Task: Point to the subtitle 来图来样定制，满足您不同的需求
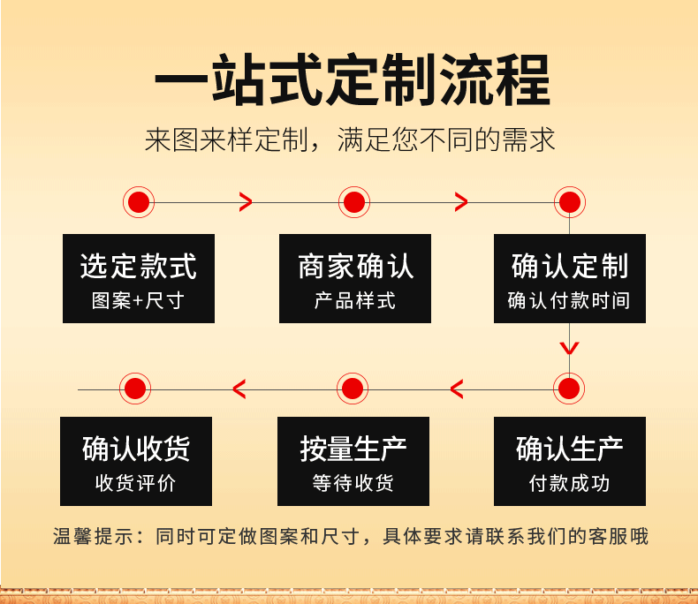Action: (x=350, y=140)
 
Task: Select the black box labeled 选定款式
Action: (x=139, y=278)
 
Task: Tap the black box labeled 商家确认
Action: (x=355, y=278)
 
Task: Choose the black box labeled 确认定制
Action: (x=570, y=278)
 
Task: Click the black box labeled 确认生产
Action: (x=570, y=461)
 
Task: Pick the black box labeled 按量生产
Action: (x=353, y=461)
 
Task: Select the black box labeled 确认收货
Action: (x=136, y=461)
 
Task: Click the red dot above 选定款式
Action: (x=138, y=202)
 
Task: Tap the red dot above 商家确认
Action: (x=353, y=202)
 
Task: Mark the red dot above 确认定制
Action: (x=570, y=202)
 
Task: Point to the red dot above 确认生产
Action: (x=570, y=388)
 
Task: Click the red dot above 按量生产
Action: (x=353, y=388)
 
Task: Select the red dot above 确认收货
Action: (x=135, y=388)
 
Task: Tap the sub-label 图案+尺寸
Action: (x=139, y=300)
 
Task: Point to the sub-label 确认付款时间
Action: (x=570, y=300)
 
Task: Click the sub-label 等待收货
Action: (x=353, y=483)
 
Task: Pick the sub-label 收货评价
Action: (x=136, y=483)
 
